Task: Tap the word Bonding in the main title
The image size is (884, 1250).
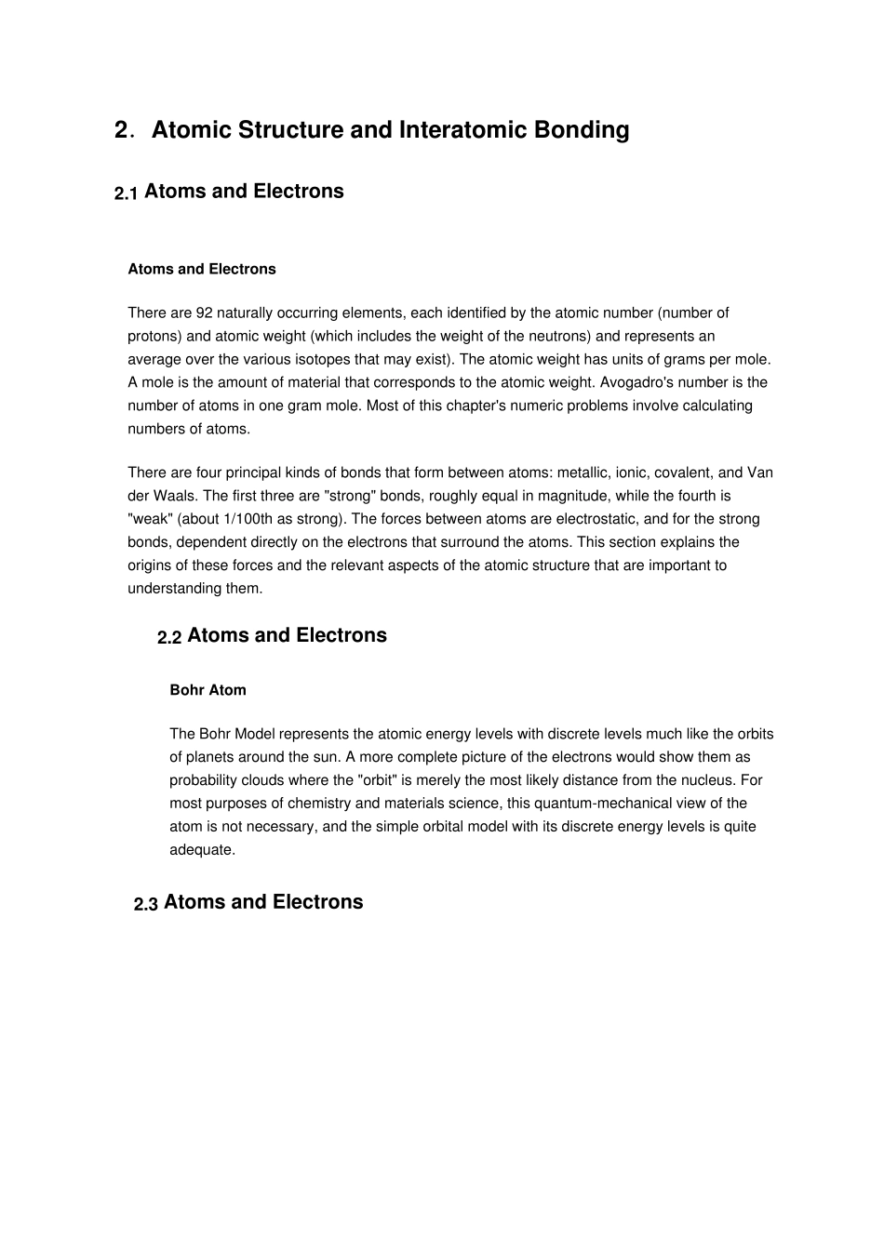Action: tap(582, 130)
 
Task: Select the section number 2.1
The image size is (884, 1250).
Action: tap(126, 193)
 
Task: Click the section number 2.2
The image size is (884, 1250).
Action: tap(168, 637)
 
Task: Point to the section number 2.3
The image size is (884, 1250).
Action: tap(145, 904)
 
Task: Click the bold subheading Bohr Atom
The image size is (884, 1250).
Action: tap(208, 690)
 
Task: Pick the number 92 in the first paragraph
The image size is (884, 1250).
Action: tap(205, 312)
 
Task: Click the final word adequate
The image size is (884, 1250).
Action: tap(201, 850)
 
